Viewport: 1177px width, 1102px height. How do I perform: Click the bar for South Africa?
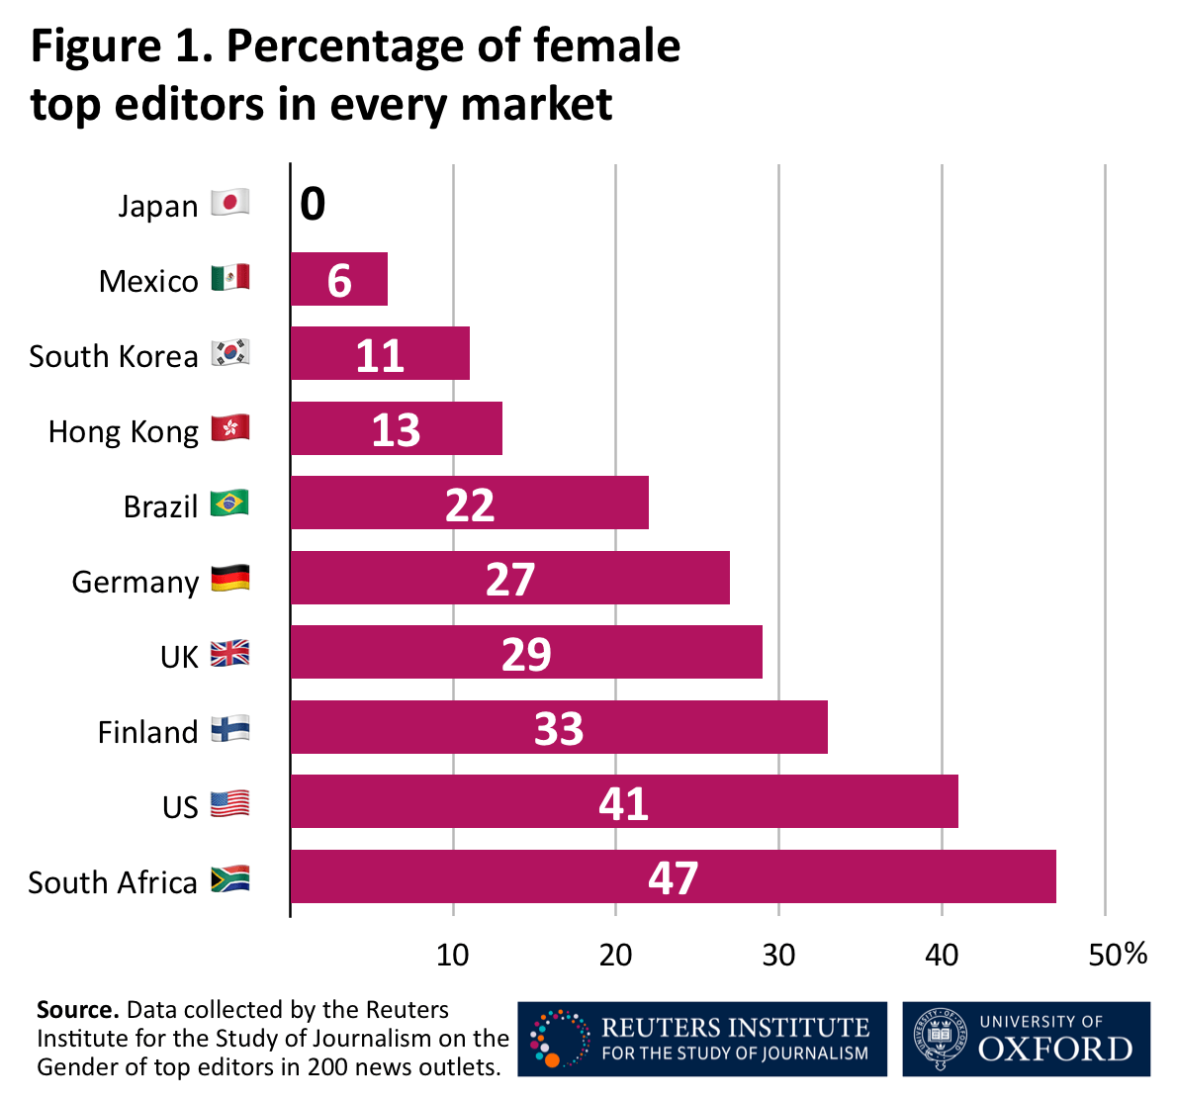point(673,876)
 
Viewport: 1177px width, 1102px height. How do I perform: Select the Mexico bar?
point(338,280)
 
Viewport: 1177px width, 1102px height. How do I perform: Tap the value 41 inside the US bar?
point(623,803)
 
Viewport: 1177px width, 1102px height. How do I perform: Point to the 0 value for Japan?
point(313,205)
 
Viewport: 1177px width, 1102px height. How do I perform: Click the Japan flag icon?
point(229,203)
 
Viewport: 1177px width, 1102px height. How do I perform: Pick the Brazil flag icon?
point(229,504)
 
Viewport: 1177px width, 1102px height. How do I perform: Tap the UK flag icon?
point(229,654)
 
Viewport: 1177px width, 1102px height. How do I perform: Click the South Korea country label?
point(113,356)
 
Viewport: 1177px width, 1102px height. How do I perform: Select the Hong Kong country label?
point(123,431)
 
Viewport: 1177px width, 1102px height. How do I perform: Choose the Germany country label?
point(135,582)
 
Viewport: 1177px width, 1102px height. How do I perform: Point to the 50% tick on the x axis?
point(1118,955)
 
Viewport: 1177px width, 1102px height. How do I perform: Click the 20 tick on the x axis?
point(615,955)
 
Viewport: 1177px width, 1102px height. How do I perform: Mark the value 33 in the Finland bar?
point(559,729)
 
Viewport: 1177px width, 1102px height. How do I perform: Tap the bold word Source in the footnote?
point(77,1010)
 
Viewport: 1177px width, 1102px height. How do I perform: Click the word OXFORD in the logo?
point(1055,1050)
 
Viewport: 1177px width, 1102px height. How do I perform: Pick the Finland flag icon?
point(229,729)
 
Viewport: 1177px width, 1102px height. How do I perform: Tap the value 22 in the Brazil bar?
point(469,505)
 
